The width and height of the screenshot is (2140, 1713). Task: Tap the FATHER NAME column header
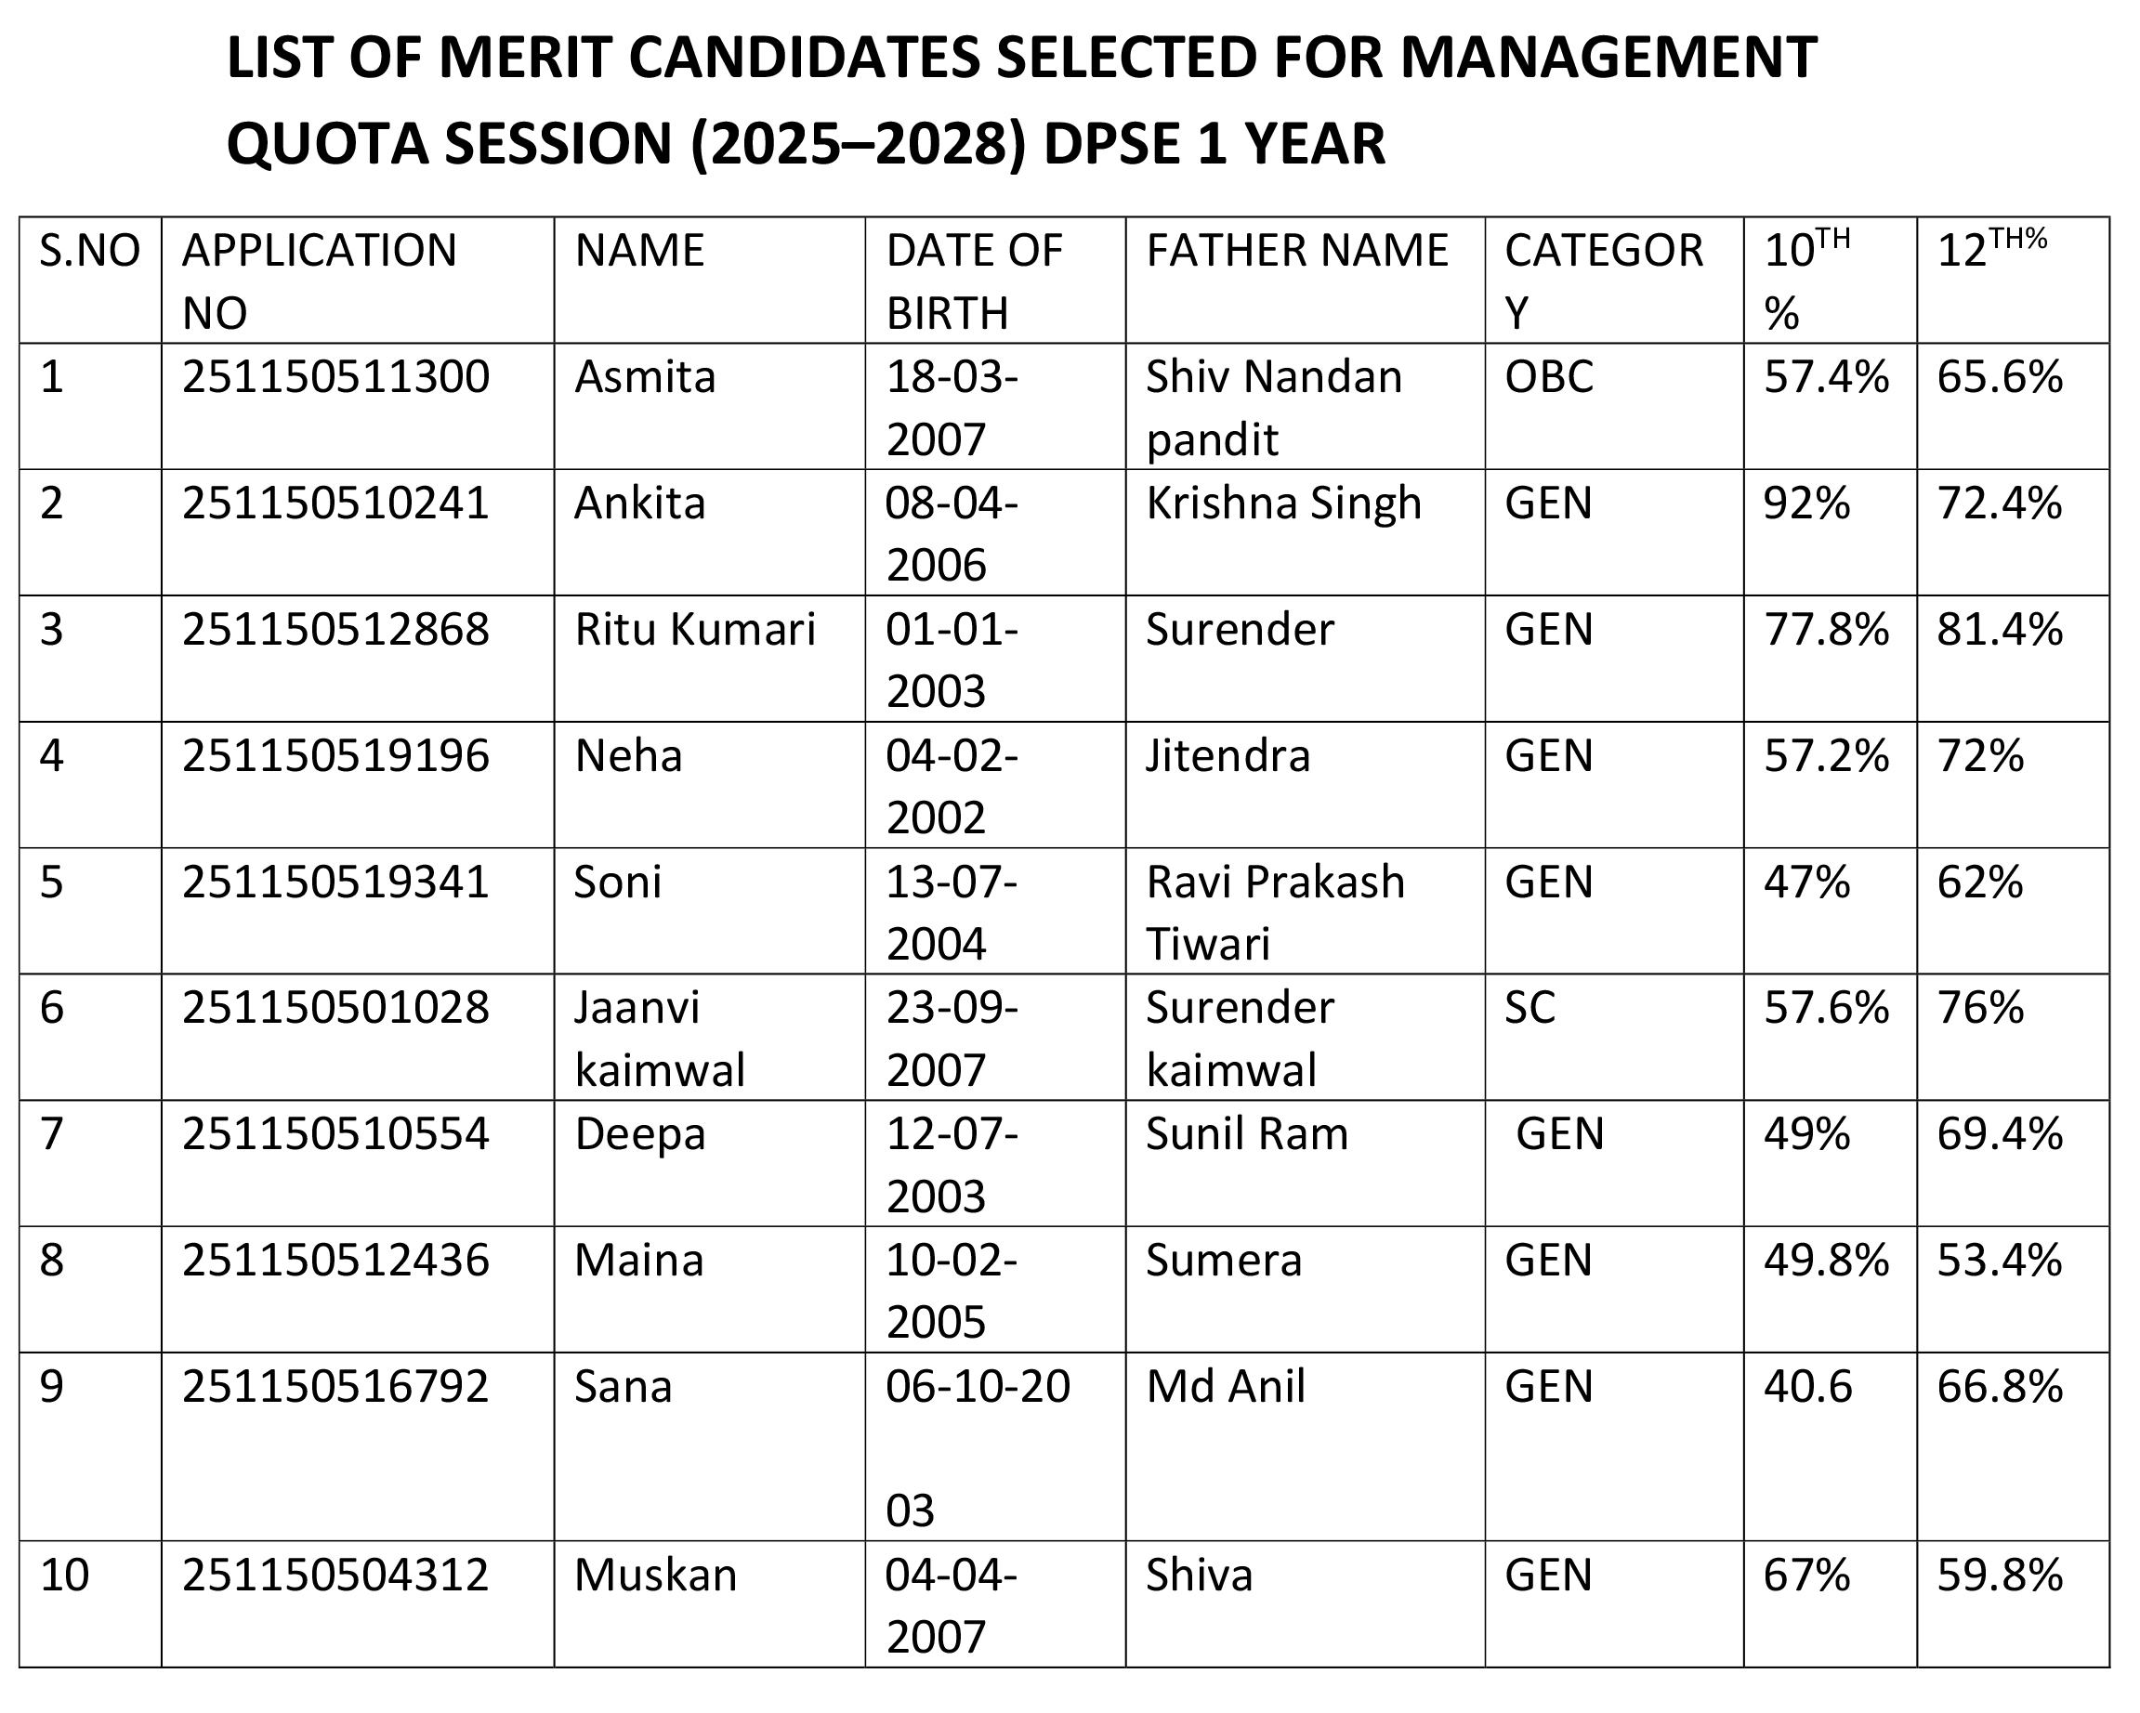click(1296, 251)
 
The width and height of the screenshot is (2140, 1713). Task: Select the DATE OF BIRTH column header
click(973, 281)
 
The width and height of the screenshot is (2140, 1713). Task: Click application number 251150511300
click(335, 378)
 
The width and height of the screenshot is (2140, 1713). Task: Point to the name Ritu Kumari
click(695, 630)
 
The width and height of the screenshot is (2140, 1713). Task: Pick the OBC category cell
click(1548, 378)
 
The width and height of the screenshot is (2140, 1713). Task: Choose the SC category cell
click(1530, 1008)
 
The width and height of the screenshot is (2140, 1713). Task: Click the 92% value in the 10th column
click(1806, 504)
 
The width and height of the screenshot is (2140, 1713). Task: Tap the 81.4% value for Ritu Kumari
click(1999, 630)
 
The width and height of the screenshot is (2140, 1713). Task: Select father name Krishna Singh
click(1283, 504)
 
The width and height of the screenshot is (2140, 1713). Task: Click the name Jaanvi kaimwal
click(659, 1040)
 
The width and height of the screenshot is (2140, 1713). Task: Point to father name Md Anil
click(1225, 1388)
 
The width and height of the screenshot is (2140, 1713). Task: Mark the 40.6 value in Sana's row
click(1807, 1388)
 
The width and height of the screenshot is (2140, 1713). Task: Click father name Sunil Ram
click(1247, 1134)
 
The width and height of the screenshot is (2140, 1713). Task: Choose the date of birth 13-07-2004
click(951, 913)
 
